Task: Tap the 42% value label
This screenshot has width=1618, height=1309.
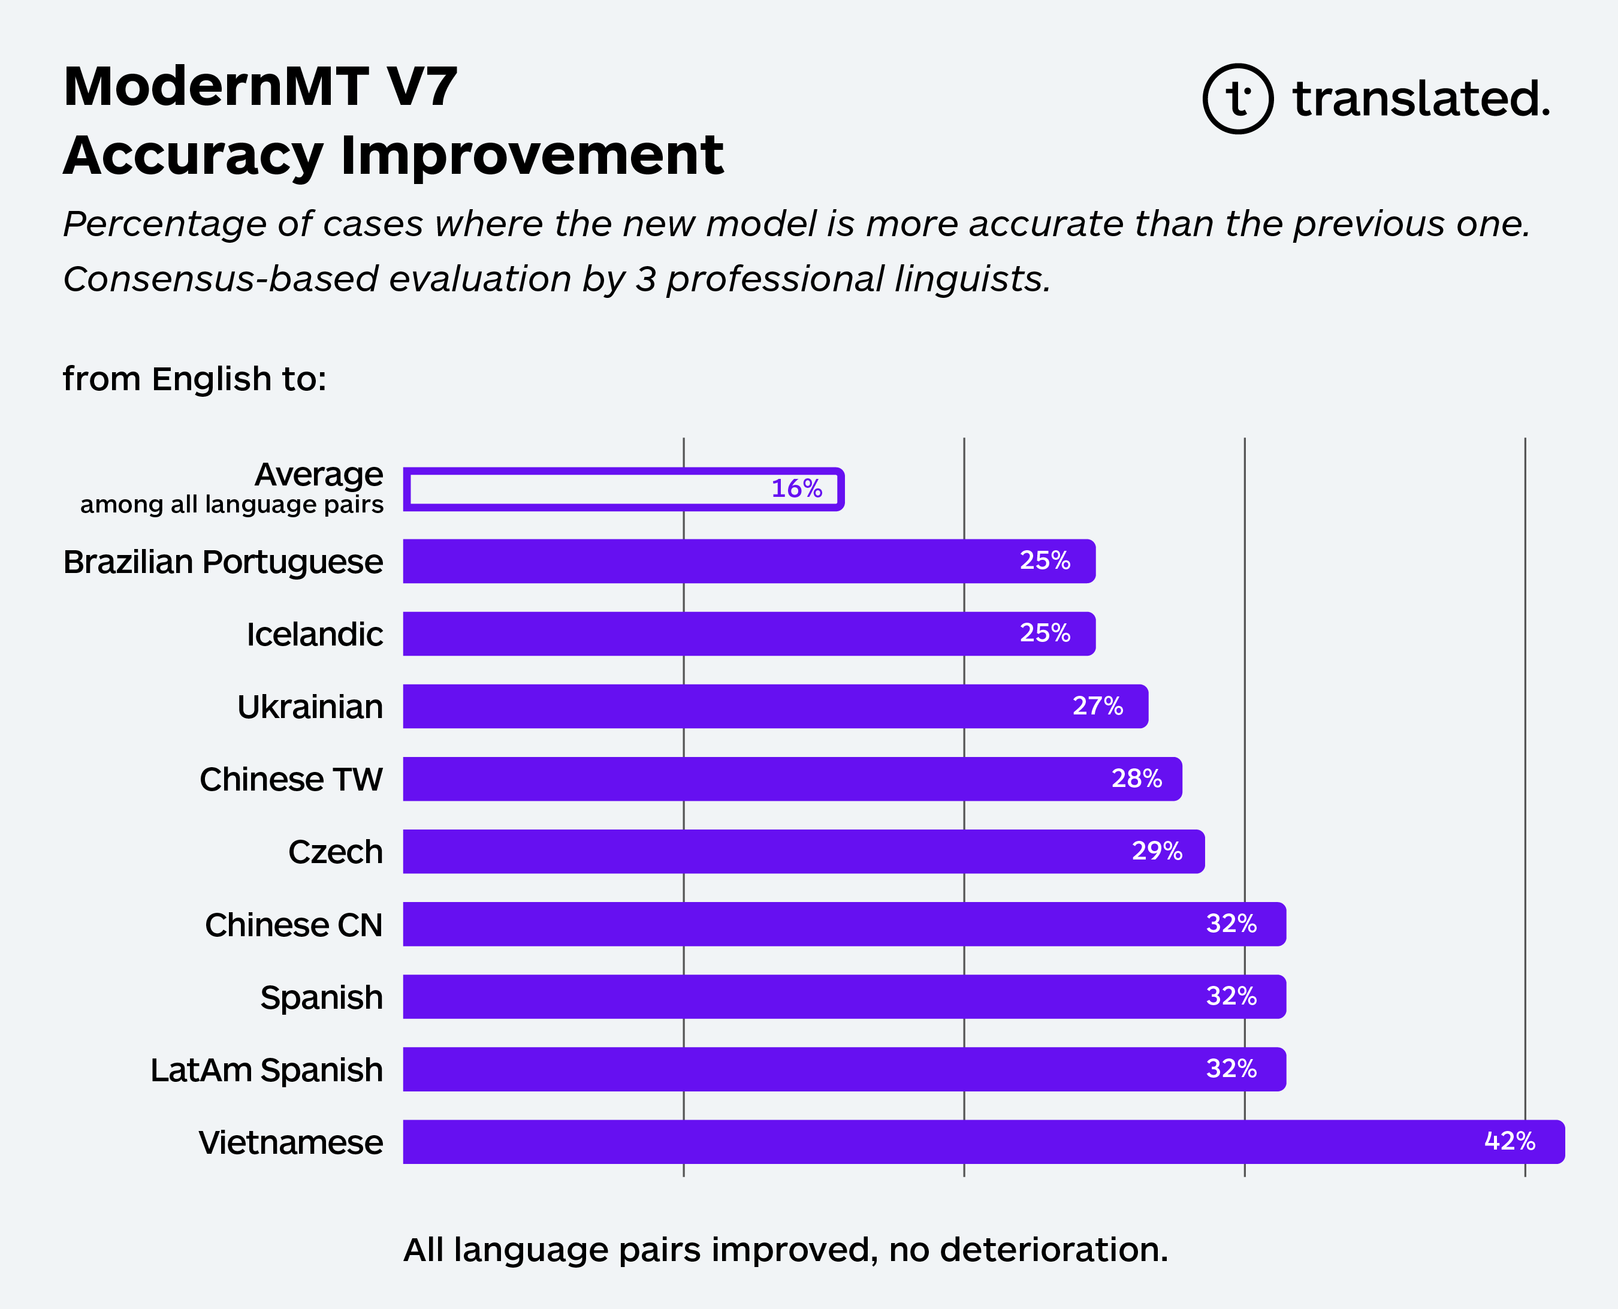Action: [1510, 1141]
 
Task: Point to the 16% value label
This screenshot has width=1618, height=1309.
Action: [796, 488]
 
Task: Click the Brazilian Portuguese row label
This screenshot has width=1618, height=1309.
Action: [223, 562]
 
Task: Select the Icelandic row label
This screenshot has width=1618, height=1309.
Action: [315, 634]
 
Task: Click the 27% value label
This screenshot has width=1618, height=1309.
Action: [1098, 706]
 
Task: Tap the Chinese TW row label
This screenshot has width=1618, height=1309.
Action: [291, 779]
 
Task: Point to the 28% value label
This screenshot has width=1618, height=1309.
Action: [1136, 778]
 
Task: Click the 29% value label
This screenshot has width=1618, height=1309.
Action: [1157, 850]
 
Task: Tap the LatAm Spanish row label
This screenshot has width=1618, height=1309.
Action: [266, 1070]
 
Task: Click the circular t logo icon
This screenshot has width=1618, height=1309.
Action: [1237, 99]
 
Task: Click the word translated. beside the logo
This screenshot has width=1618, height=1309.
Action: [1421, 99]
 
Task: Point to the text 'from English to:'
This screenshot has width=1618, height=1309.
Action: [195, 379]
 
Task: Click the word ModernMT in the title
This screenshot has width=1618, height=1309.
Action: [216, 87]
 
